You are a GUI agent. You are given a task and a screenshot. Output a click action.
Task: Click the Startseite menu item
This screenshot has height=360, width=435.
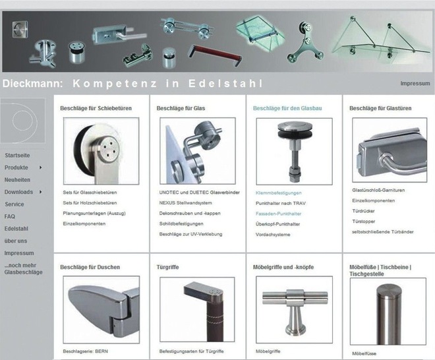point(17,156)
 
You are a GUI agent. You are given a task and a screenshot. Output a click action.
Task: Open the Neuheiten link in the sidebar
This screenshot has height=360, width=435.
point(17,180)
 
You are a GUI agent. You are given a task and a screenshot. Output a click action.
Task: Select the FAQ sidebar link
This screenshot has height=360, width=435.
point(10,216)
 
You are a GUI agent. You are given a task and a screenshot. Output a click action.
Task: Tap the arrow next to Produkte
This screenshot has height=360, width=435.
point(40,167)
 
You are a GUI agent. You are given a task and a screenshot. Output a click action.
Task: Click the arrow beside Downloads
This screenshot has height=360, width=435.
point(40,192)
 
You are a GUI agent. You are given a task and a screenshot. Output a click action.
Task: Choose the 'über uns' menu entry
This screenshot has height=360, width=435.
point(16,241)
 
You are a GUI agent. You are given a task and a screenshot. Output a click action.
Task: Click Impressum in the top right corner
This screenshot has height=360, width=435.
point(415,84)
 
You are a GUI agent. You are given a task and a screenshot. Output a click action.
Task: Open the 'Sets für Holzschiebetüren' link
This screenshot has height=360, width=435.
point(90,203)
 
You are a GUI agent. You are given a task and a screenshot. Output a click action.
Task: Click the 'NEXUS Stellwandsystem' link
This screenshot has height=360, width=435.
point(186,203)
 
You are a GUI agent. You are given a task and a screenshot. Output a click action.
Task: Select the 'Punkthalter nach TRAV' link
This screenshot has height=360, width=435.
point(281,204)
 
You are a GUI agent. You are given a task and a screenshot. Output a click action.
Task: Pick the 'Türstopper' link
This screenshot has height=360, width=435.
point(363,222)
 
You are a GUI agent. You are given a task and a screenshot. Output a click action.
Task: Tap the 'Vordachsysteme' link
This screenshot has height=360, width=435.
point(273,235)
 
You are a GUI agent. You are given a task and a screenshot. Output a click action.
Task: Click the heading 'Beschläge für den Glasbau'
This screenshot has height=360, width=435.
point(287,108)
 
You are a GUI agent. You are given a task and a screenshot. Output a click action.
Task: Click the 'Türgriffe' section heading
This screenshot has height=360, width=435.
point(167,267)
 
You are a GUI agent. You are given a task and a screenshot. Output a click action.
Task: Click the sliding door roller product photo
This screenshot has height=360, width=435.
point(101,151)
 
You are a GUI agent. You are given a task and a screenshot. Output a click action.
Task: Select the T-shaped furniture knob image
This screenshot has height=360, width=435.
point(294,310)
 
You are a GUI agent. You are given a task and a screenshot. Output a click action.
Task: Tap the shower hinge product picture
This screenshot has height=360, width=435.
point(101,310)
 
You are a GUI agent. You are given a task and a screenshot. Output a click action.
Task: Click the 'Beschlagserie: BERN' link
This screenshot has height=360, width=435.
point(86,351)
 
